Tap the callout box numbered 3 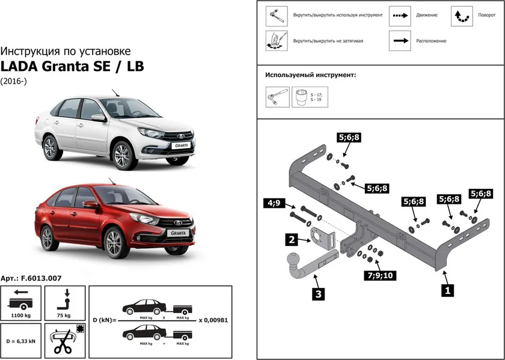pyautogui.click(x=318, y=294)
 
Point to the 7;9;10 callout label pyautogui.click(x=379, y=276)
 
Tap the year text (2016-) pyautogui.click(x=13, y=81)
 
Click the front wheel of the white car pyautogui.click(x=123, y=154)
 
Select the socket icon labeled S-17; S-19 pyautogui.click(x=301, y=97)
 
